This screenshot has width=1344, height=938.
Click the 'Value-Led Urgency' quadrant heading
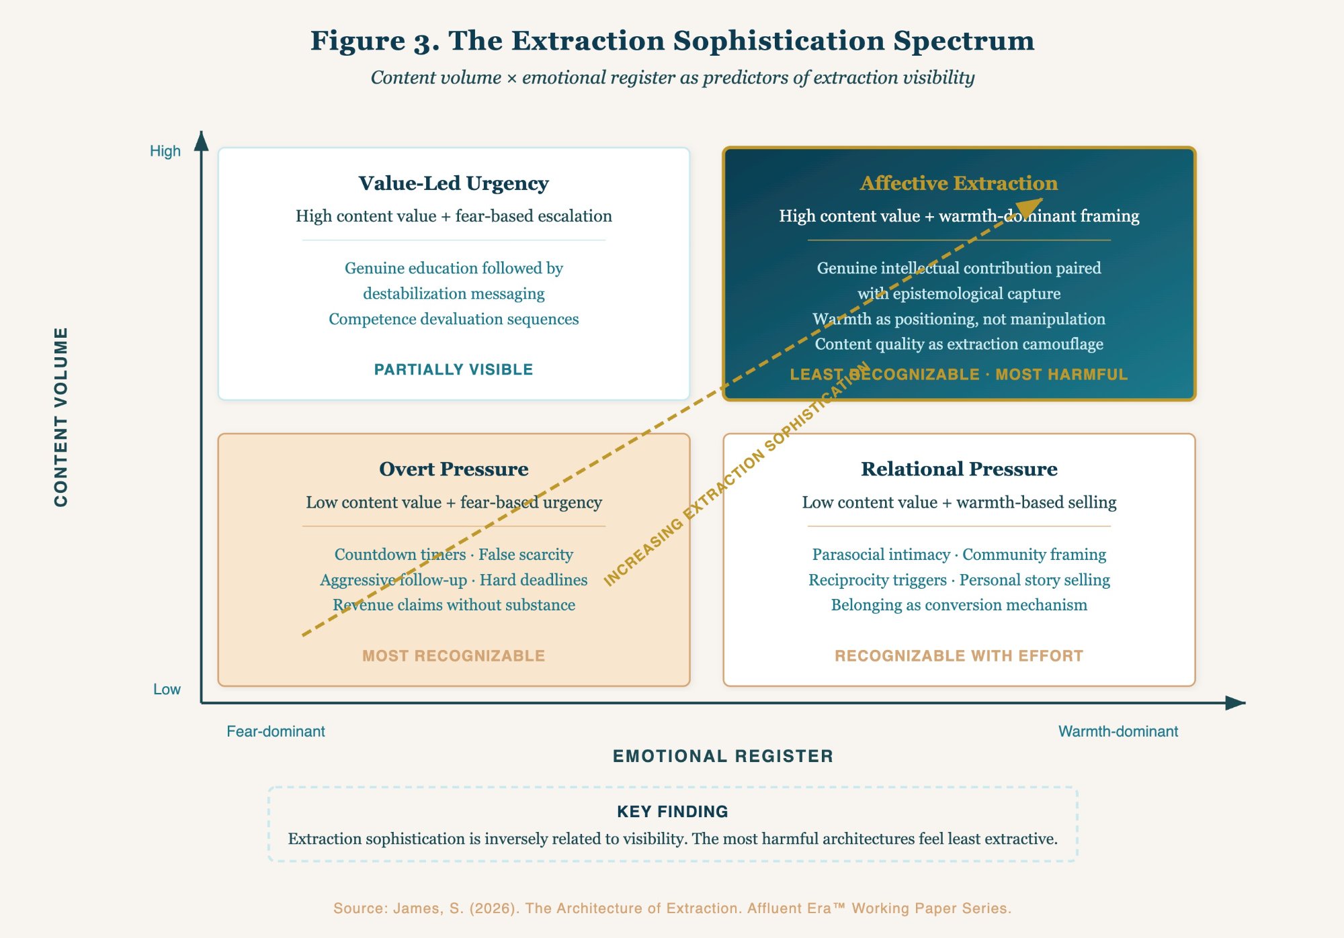point(454,183)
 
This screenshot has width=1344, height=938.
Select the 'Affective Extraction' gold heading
point(959,183)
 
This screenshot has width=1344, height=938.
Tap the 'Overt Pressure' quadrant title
point(454,469)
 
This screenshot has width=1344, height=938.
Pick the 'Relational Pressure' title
point(959,469)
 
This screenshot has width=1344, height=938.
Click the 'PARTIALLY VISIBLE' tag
point(454,369)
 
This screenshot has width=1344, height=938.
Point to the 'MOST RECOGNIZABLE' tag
point(454,656)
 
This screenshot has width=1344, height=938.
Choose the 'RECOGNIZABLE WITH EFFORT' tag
point(959,656)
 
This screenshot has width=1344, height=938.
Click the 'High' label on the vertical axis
point(165,151)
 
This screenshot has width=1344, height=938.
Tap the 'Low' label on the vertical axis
point(167,690)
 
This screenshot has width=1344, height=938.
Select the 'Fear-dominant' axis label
point(276,731)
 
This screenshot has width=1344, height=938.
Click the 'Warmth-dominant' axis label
point(1118,731)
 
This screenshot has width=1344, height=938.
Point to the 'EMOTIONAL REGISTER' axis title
point(723,756)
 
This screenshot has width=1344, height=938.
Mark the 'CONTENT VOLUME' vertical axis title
point(61,417)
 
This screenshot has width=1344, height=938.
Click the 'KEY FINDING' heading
point(673,812)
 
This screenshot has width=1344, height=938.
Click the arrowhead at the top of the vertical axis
point(201,141)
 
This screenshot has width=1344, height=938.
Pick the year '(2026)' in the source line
point(494,908)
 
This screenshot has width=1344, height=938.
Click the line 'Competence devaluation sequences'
point(454,319)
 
